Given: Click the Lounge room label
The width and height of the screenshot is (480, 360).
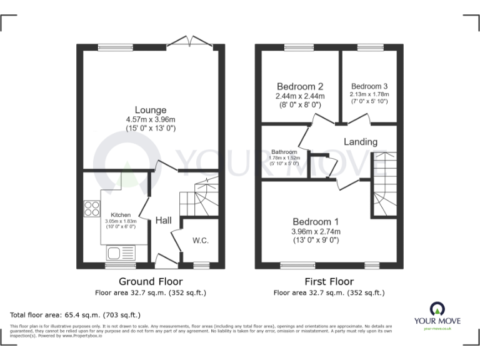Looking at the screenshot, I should coord(150,110).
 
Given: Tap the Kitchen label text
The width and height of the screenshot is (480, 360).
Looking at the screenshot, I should coord(121,214).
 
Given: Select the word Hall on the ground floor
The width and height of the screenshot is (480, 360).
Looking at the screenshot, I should coord(164,221).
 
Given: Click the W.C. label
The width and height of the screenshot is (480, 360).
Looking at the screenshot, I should coord(201,240).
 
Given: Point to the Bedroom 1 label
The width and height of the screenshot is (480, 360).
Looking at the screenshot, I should coord(316,222).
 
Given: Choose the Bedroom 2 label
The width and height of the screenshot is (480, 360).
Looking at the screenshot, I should coord(300,86).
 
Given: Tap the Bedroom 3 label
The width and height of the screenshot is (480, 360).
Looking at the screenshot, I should coord(369,86).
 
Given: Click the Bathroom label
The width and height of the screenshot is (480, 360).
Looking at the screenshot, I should coord(285,152).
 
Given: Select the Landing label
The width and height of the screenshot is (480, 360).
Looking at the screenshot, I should coord(361,142).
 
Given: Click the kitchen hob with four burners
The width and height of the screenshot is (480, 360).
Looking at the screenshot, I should coord(91,208).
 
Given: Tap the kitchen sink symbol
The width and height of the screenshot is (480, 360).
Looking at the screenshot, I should coord(120,252).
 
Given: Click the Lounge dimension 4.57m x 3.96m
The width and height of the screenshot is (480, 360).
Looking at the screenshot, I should coord(150,119).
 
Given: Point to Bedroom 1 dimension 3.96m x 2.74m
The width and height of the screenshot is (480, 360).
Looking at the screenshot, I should coord(316,232).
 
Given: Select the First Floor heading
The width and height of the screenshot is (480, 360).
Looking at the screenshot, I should coord(329,282).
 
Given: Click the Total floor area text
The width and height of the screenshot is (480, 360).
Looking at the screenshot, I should coord(76,316).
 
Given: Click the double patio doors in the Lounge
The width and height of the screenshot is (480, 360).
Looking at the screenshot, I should coord(188,42).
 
